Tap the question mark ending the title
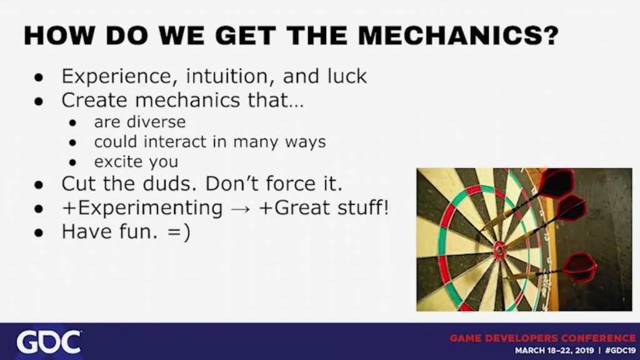(548, 36)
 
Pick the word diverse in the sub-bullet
(156, 122)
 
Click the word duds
(170, 184)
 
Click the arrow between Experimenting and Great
(241, 209)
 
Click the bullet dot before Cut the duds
(39, 184)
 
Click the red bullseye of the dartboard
(499, 248)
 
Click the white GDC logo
(48, 342)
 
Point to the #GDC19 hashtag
(620, 351)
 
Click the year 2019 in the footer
(582, 351)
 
